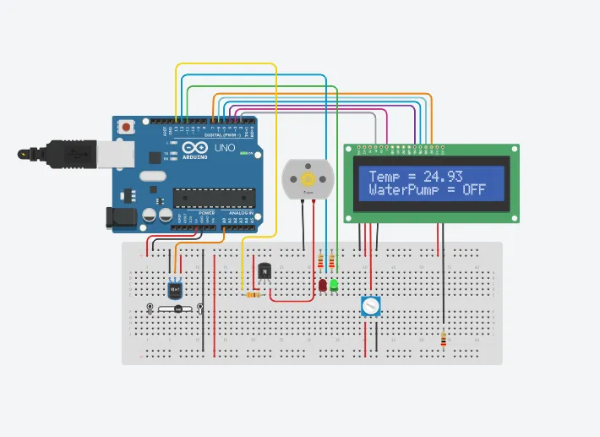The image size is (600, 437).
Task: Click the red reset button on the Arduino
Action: [127, 127]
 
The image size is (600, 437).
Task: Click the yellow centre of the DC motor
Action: [308, 179]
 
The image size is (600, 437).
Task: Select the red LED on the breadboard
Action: [323, 287]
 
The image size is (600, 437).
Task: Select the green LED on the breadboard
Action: [334, 286]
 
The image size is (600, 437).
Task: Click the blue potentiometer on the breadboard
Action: [370, 306]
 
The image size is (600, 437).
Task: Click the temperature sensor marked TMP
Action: [176, 288]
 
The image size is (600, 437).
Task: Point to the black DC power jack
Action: [118, 217]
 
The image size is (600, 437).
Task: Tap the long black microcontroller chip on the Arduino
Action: [214, 197]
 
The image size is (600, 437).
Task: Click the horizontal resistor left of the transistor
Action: [251, 295]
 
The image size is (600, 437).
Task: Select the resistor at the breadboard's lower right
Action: [445, 339]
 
